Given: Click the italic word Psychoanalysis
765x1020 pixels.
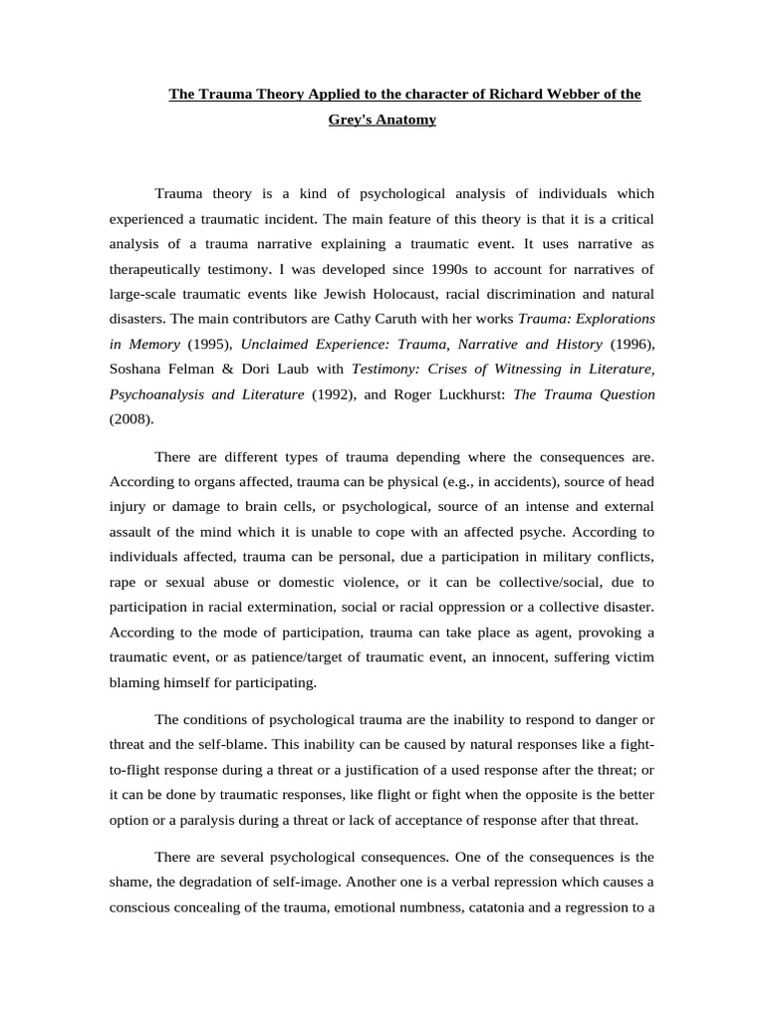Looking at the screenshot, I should coord(155,394).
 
